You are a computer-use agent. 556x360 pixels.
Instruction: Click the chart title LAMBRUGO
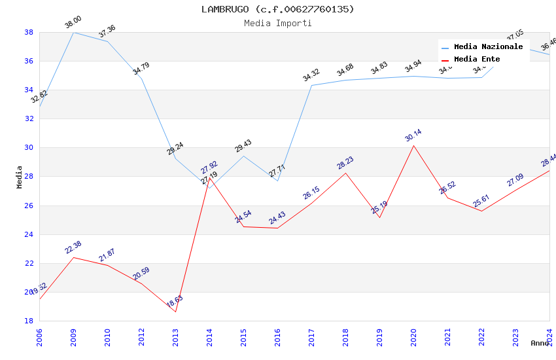pyautogui.click(x=277, y=9)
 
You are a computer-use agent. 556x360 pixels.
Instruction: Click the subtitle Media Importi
pyautogui.click(x=277, y=23)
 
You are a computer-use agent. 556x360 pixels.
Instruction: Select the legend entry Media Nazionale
pyautogui.click(x=488, y=46)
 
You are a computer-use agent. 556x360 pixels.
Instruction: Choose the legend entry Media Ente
pyautogui.click(x=477, y=59)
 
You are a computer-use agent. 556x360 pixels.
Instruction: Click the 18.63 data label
pyautogui.click(x=175, y=301)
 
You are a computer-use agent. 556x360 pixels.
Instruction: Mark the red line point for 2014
pyautogui.click(x=209, y=177)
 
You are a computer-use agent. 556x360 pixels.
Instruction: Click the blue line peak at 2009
pyautogui.click(x=73, y=32)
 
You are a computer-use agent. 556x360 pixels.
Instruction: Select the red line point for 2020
pyautogui.click(x=413, y=145)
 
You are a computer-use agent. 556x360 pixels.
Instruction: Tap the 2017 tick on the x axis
pyautogui.click(x=311, y=338)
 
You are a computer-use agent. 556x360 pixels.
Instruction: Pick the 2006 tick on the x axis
pyautogui.click(x=39, y=338)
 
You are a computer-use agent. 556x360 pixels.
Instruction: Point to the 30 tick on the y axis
pyautogui.click(x=29, y=148)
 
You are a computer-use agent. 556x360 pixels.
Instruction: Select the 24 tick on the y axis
pyautogui.click(x=29, y=234)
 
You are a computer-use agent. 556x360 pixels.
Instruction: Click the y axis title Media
pyautogui.click(x=20, y=177)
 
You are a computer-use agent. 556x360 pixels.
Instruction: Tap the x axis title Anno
pyautogui.click(x=540, y=343)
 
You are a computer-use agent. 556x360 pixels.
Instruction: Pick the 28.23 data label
pyautogui.click(x=345, y=163)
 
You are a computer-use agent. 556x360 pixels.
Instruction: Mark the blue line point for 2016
pyautogui.click(x=277, y=181)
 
